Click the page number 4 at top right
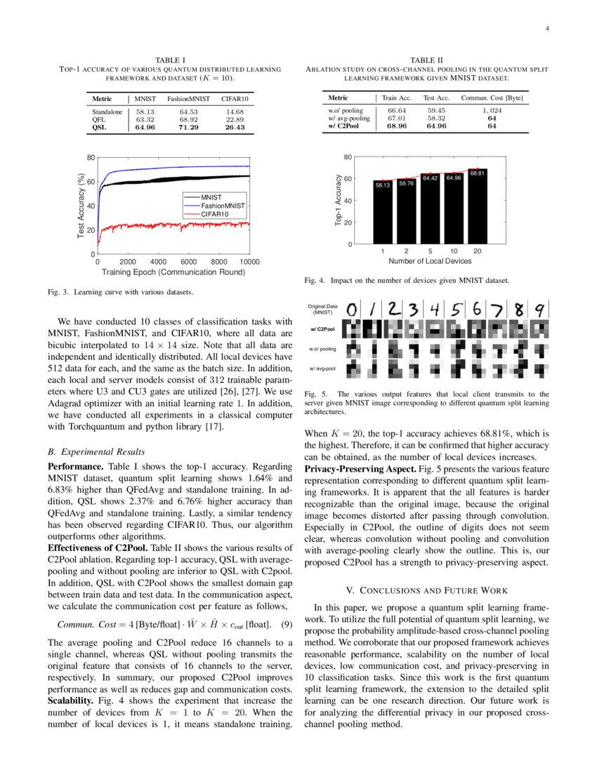546,29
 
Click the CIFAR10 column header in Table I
235,100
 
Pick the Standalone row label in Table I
107,112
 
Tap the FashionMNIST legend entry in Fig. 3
223,206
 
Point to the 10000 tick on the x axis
249,262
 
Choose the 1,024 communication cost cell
492,111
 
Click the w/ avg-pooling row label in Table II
349,119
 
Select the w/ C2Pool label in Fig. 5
322,328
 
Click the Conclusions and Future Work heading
426,590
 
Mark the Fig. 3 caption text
120,291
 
